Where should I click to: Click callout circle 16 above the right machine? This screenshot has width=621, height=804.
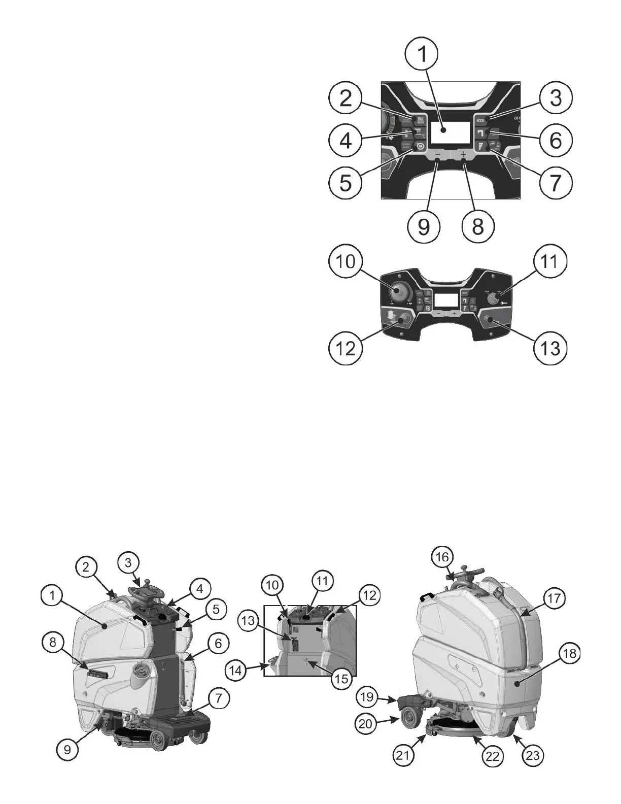pos(442,557)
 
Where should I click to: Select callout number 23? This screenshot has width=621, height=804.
pos(532,756)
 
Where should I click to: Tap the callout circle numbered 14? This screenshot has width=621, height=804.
pos(235,670)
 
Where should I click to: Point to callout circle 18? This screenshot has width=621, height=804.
pos(570,653)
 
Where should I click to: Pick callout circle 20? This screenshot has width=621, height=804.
pos(365,724)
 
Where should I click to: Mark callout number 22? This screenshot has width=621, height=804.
pos(492,756)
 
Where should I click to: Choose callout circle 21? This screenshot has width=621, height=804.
pos(402,756)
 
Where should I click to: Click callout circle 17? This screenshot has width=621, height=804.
pos(554,598)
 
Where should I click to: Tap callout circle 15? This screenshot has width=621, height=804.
pos(342,678)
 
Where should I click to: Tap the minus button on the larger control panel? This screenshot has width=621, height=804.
pos(437,154)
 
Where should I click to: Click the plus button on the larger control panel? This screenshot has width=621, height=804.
pos(463,154)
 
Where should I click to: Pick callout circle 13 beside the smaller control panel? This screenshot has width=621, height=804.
pos(550,348)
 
